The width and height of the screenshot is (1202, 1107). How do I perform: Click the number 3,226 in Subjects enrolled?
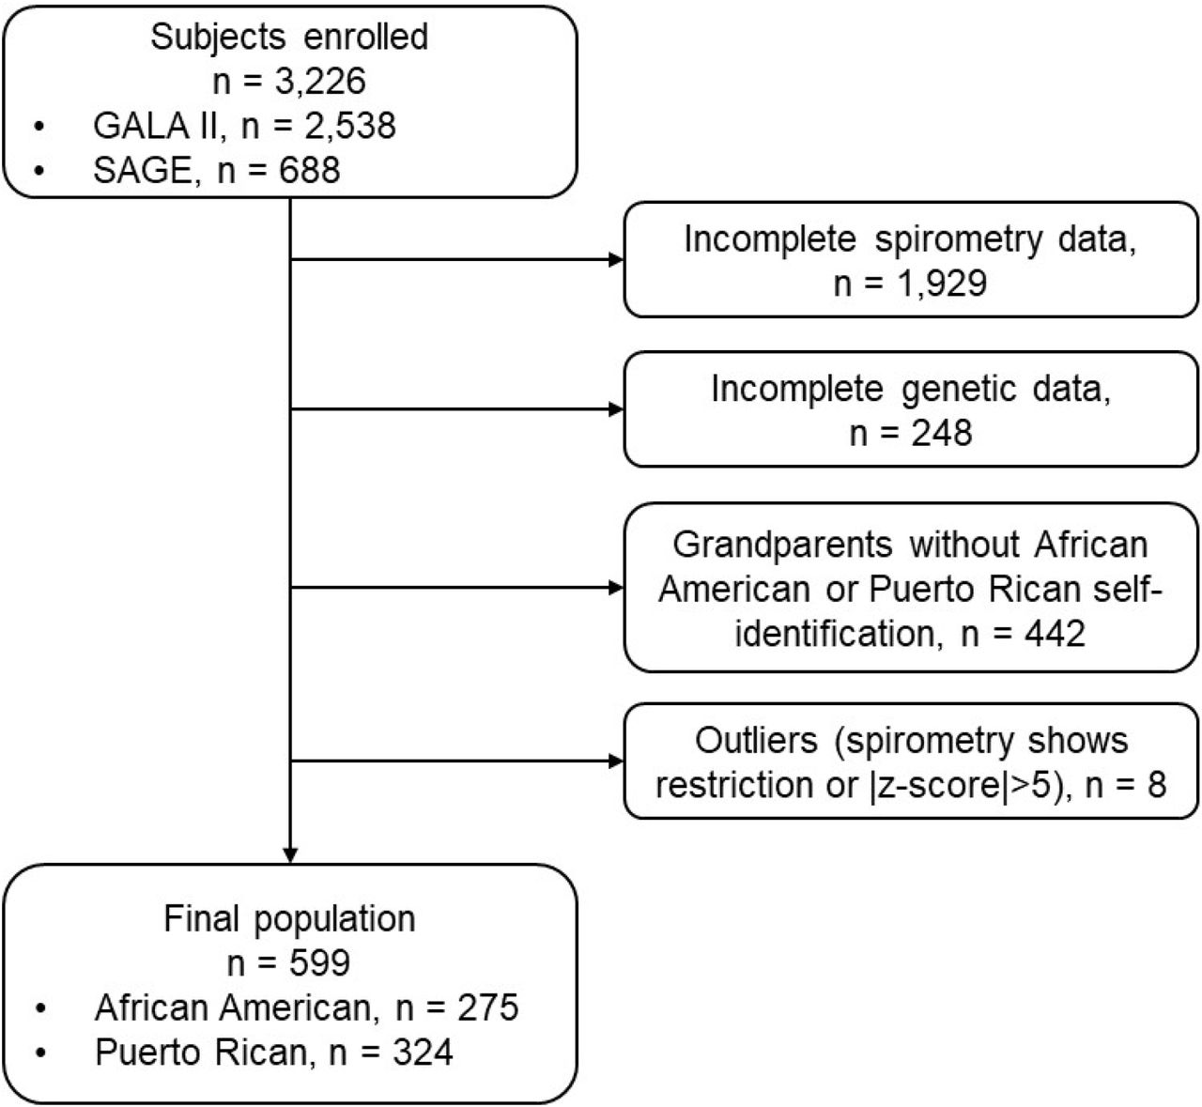320,82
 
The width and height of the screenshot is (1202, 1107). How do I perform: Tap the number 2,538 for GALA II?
350,126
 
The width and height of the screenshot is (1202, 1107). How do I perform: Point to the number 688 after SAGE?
309,170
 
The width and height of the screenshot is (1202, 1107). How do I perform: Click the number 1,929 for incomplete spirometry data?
941,283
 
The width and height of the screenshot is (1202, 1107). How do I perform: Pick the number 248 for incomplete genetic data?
941,433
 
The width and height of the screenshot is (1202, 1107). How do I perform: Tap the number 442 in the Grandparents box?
1055,634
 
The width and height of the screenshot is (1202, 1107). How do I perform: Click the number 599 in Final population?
319,963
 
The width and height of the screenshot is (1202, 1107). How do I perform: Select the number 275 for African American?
487,1007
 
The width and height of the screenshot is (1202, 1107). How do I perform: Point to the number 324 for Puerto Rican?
423,1052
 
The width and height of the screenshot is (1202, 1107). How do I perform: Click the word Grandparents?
782,546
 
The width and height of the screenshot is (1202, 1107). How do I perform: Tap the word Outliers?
756,741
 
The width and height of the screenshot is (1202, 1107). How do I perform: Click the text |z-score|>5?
960,785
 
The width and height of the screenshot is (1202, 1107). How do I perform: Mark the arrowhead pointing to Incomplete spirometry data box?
616,259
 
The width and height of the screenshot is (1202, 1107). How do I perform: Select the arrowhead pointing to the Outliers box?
616,761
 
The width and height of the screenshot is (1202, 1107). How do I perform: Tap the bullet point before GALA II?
39,127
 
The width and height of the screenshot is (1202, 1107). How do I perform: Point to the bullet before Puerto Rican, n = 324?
40,1053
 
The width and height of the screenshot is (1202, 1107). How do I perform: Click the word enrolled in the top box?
366,37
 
